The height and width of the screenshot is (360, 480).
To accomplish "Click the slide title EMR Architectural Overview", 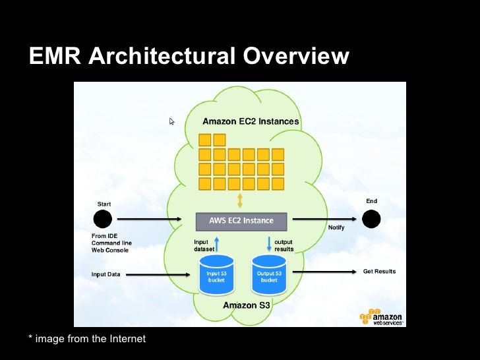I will point(189,57).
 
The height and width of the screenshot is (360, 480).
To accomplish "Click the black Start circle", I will point(102,220).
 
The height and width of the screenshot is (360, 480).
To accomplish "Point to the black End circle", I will point(371,219).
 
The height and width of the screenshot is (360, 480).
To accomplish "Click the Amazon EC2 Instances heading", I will point(250,121).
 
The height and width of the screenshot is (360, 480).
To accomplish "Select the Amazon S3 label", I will point(245,305).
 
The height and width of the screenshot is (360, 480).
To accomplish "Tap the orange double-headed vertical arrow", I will point(240,200).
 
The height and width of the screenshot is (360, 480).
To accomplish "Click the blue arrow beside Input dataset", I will point(216,244).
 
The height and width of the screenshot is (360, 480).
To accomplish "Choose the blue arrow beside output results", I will point(269,244).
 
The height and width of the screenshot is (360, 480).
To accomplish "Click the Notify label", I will point(336,227).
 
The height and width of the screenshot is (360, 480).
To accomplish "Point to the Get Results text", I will point(379,271).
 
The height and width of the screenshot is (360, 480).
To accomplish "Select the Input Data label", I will point(105,274).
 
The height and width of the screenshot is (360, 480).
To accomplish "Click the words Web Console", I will point(109,251).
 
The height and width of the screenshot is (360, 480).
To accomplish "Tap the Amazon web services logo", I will point(382,317).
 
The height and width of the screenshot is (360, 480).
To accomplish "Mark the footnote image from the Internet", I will point(87,339).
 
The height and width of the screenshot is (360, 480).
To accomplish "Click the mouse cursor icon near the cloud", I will point(172,122).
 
